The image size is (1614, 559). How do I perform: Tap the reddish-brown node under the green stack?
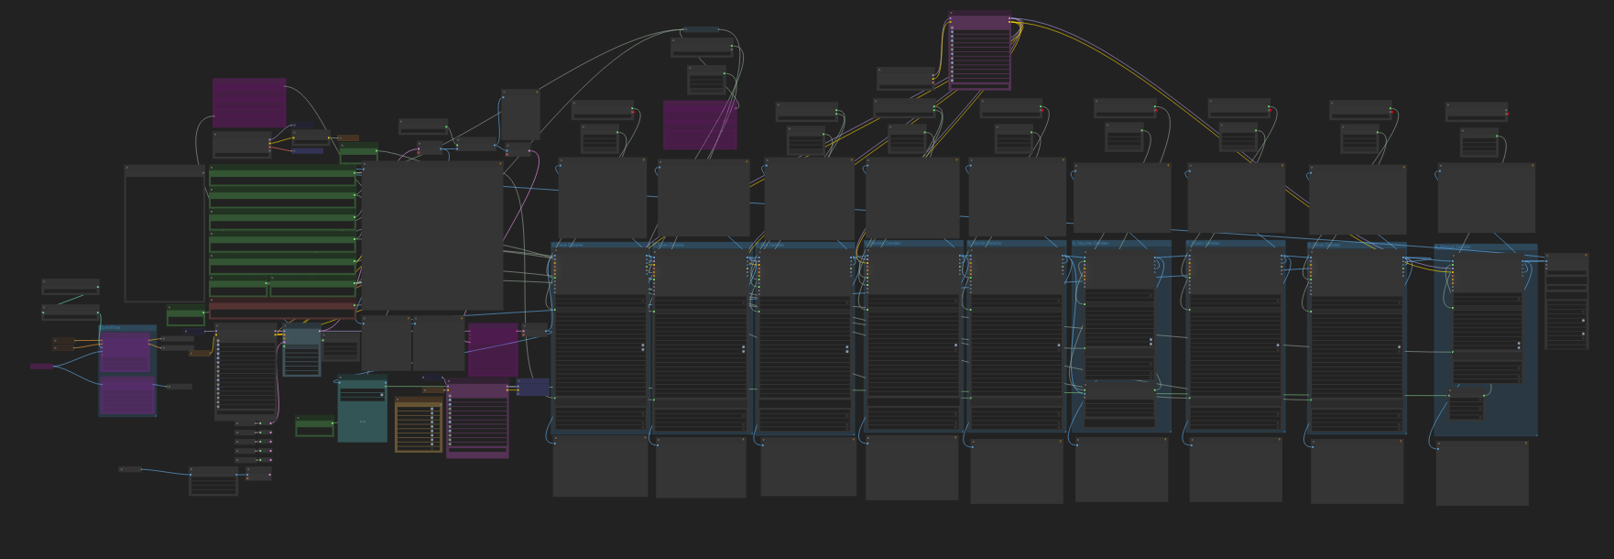282,309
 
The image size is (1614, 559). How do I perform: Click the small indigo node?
532,387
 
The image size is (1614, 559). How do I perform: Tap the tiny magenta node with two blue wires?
41,367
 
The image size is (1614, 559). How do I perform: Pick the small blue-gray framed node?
301,352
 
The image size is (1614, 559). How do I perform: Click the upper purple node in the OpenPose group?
125,352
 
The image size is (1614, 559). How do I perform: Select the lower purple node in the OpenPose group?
127,396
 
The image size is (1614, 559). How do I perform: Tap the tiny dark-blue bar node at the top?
703,30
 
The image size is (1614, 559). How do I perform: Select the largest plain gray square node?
432,236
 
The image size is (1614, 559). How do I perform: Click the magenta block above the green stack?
249,103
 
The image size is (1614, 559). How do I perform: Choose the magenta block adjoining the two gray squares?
493,348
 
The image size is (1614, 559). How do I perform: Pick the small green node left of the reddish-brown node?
186,315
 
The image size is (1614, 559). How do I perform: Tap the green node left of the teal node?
314,427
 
